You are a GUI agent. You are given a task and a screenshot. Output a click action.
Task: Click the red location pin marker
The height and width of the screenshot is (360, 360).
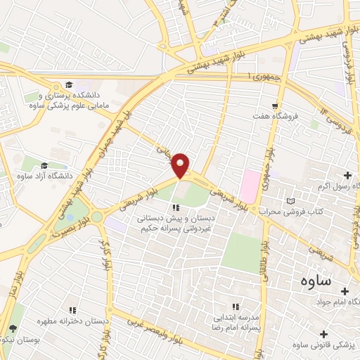pos(181,165)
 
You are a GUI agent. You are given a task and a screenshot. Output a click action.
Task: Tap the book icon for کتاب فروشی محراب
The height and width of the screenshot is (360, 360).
pos(291,202)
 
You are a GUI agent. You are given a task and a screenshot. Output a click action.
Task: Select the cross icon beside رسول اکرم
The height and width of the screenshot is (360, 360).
pos(348,174)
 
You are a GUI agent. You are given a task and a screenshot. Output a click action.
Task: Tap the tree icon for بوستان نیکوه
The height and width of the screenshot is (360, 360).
pos(12,329)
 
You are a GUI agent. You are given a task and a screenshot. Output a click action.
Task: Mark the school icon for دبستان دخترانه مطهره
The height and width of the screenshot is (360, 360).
pos(71,309)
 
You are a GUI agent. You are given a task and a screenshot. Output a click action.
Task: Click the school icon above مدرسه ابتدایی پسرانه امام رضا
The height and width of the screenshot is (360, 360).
pos(236,307)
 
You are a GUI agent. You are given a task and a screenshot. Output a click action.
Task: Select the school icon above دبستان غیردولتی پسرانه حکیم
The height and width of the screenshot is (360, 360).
pos(176,207)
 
